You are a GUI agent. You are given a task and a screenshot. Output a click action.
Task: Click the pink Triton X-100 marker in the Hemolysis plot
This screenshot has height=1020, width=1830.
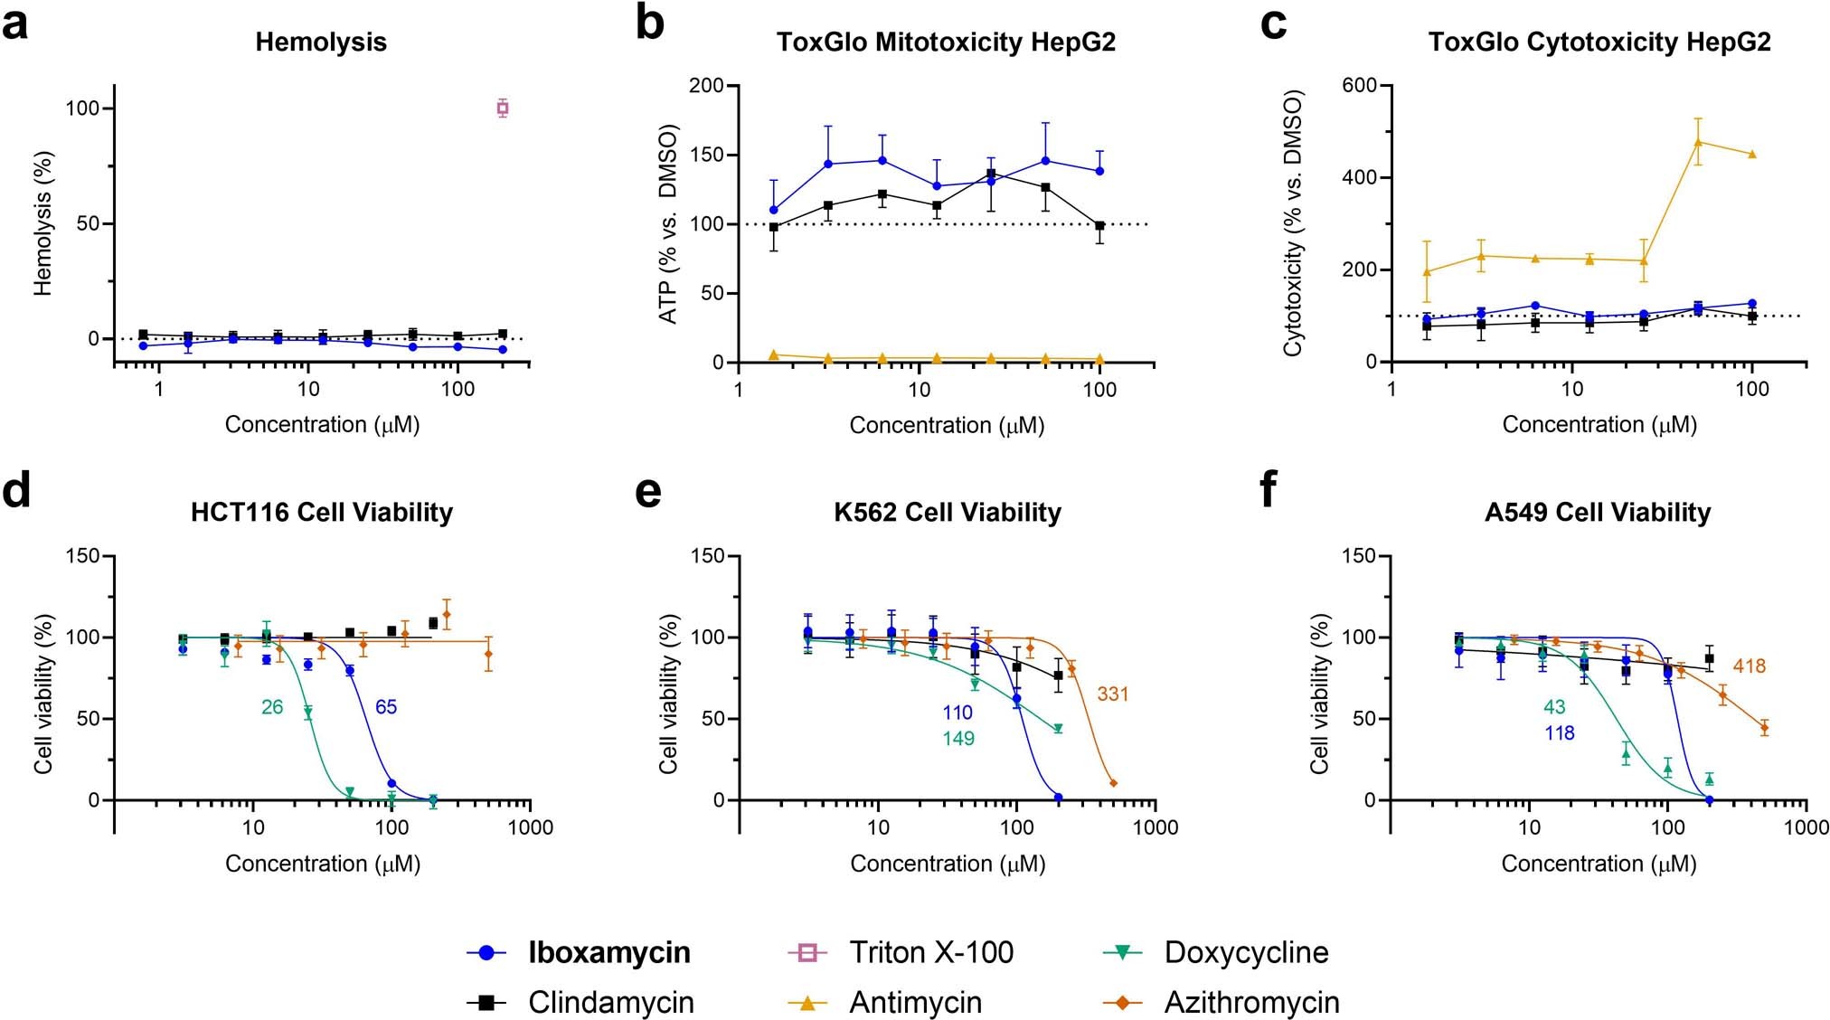point(503,109)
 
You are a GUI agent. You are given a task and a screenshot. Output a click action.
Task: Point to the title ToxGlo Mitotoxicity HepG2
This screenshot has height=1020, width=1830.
point(946,42)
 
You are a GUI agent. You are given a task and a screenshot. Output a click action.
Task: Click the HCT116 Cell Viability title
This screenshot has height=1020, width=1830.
point(322,513)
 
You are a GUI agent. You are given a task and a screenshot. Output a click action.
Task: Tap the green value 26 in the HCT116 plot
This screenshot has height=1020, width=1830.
point(272,707)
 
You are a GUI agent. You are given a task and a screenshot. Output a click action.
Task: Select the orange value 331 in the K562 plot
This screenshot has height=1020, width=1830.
point(1113,694)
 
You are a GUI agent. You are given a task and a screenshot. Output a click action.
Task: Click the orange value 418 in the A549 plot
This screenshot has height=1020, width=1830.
point(1750,666)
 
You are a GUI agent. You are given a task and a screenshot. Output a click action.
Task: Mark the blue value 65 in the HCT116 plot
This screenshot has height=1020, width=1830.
point(386,707)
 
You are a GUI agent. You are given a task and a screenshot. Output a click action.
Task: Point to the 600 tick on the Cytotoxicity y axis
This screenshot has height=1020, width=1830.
point(1359,85)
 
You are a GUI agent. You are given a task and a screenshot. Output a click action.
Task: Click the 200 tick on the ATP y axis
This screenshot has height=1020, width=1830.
point(706,86)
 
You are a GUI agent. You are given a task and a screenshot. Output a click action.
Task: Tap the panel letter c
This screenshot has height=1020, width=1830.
point(1273,25)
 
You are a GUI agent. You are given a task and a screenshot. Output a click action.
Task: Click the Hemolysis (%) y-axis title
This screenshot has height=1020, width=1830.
point(42,223)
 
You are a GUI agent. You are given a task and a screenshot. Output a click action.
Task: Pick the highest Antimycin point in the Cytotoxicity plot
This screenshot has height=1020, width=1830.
point(1698,142)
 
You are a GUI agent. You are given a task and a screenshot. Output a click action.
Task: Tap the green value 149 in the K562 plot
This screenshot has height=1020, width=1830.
point(958,739)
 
